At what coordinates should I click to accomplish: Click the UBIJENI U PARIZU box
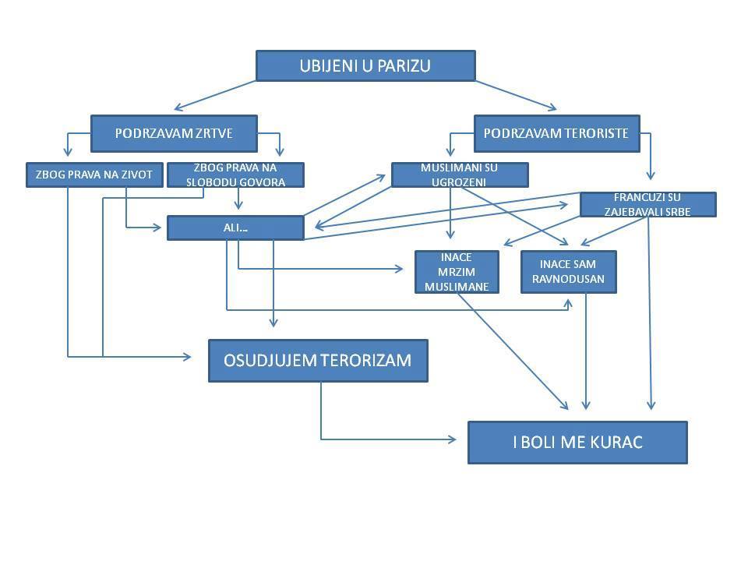pyautogui.click(x=365, y=66)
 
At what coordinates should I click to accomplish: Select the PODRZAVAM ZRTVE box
pyautogui.click(x=174, y=133)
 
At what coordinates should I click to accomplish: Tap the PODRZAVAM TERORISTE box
pyautogui.click(x=556, y=133)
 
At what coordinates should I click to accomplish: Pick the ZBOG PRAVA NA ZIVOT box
pyautogui.click(x=95, y=175)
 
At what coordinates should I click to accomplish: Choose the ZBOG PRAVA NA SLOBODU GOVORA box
pyautogui.click(x=235, y=175)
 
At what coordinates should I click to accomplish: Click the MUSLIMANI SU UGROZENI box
pyautogui.click(x=459, y=175)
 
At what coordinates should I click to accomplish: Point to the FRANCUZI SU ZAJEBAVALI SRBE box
pyautogui.click(x=647, y=204)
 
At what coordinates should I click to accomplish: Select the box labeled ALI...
pyautogui.click(x=235, y=228)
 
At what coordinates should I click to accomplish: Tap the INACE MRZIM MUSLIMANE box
pyautogui.click(x=457, y=272)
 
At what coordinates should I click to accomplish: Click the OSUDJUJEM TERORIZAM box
pyautogui.click(x=318, y=361)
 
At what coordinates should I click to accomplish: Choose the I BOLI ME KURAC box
pyautogui.click(x=577, y=443)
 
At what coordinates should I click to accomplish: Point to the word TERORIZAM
pyautogui.click(x=369, y=361)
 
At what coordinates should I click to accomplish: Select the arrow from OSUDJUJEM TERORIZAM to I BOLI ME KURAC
pyautogui.click(x=374, y=439)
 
